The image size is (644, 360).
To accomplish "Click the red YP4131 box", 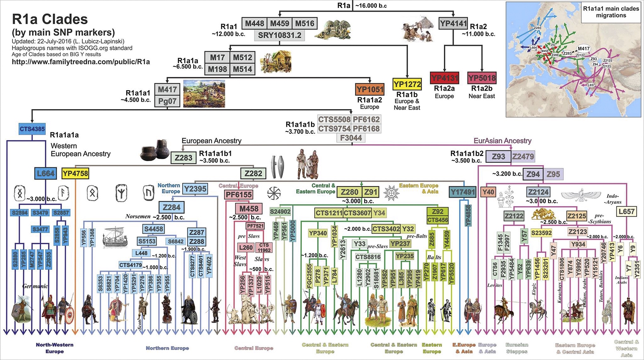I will coord(444,78).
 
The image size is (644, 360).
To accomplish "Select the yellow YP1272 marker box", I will coord(407,84).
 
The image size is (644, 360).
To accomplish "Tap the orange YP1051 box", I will coord(369,89).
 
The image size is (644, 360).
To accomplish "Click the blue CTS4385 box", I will coord(32,129).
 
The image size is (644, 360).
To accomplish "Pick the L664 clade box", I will coord(45,174).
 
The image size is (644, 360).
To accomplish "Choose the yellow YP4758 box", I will coord(75,174).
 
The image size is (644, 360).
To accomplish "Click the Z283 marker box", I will coord(184,157).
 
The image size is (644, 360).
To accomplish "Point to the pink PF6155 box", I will coord(239,194).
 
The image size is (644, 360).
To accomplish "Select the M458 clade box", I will coord(249,209).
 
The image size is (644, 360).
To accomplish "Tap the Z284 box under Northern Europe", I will coord(171,207).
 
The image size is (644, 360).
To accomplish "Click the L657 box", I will coord(627,211).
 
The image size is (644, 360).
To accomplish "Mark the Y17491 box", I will coord(462,192).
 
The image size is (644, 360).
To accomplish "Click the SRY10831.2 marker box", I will coord(279,35).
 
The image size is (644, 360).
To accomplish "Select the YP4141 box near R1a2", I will coord(453,24).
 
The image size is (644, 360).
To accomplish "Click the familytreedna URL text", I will coord(80,62).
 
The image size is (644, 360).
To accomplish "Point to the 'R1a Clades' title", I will coord(50,19).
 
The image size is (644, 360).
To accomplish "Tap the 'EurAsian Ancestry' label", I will coord(502,141).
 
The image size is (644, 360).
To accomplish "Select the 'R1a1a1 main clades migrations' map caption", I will coord(611,12).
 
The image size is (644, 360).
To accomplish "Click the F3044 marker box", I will coord(351,138).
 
